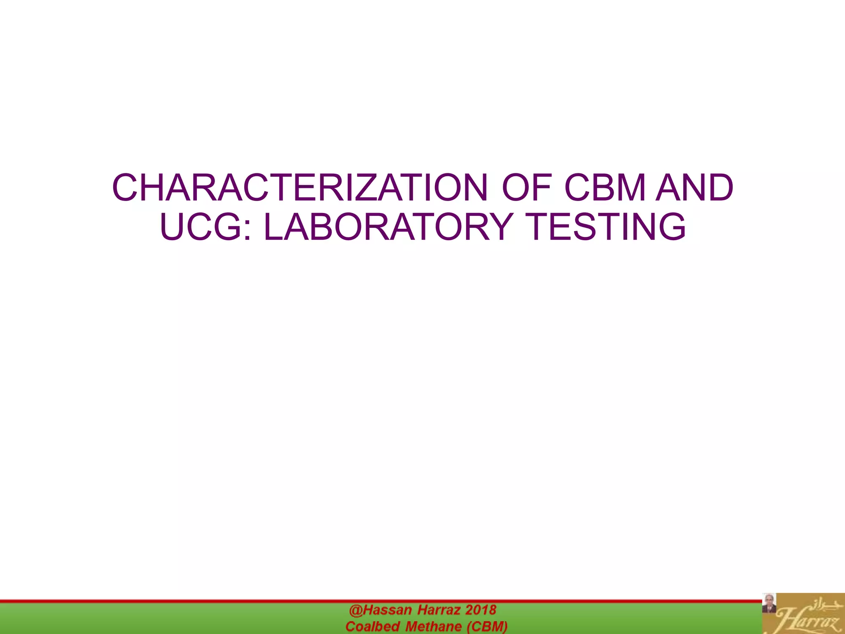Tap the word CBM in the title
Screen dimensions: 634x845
click(605, 188)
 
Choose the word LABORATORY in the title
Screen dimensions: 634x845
click(388, 227)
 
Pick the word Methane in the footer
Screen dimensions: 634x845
click(434, 627)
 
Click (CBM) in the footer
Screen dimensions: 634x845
click(487, 627)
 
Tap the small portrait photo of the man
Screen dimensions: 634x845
click(769, 603)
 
